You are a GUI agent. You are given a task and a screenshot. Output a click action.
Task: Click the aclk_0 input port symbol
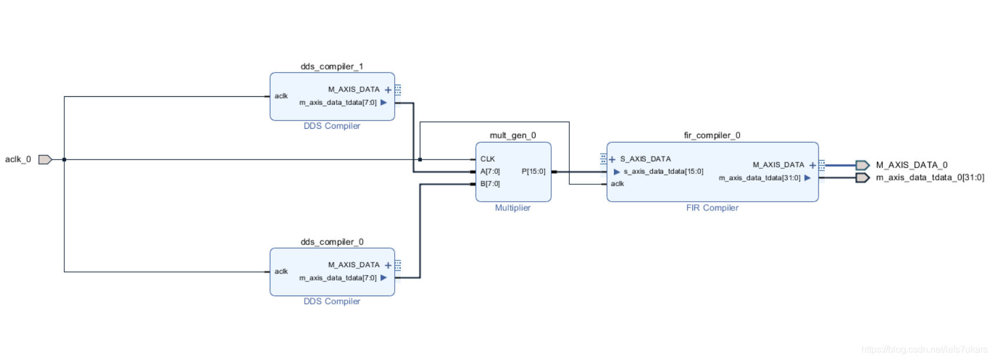click(x=45, y=159)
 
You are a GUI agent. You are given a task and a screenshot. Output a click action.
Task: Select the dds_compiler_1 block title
click(x=332, y=67)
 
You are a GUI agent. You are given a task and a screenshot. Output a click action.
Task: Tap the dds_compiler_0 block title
click(x=332, y=242)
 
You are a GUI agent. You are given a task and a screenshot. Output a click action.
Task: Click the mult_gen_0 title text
click(x=512, y=135)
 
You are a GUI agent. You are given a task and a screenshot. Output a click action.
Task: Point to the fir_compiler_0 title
click(x=712, y=135)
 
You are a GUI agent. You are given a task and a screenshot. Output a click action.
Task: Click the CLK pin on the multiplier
click(x=488, y=159)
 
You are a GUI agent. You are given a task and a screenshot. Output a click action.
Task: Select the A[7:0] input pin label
click(x=490, y=172)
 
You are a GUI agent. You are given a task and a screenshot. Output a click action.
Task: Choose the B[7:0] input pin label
click(x=490, y=184)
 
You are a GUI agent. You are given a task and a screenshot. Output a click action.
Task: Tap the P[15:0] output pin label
click(x=533, y=172)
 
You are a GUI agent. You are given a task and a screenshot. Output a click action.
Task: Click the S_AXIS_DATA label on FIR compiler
click(x=645, y=159)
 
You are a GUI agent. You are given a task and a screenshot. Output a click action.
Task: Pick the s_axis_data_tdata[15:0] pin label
click(x=663, y=172)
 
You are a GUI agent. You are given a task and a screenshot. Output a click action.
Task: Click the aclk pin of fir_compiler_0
click(x=617, y=184)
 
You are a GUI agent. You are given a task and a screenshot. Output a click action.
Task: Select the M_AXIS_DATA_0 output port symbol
click(x=862, y=165)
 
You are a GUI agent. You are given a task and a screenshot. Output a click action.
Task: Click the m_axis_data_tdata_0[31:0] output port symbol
click(x=862, y=178)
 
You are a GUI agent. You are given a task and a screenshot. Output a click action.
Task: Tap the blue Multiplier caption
click(x=512, y=208)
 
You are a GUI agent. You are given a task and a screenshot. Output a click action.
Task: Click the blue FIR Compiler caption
click(x=712, y=208)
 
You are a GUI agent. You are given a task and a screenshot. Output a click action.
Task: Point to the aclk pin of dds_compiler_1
click(x=281, y=96)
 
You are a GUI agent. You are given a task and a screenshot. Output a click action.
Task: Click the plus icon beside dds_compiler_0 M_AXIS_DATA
click(x=388, y=266)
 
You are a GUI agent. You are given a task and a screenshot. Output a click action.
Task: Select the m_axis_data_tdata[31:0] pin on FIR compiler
click(x=759, y=178)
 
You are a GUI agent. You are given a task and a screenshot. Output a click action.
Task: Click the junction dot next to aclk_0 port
click(x=64, y=159)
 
